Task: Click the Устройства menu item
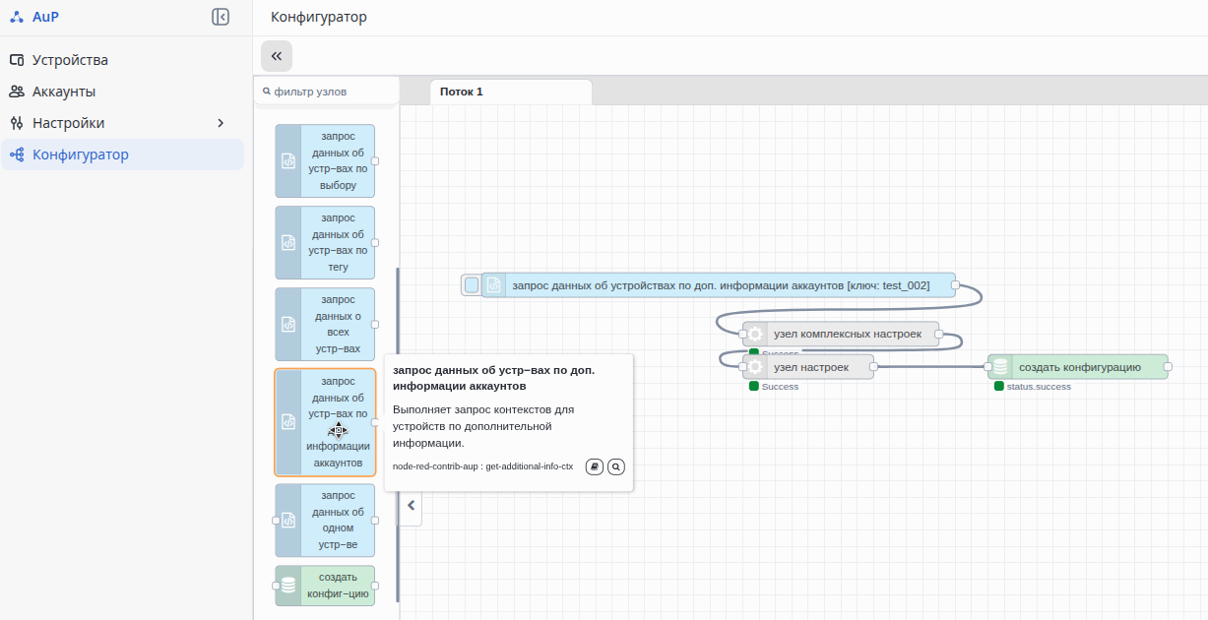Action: point(70,60)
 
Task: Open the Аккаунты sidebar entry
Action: point(64,92)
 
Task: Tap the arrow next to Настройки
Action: point(220,123)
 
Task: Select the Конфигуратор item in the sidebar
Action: point(80,155)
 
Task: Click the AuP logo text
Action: point(45,17)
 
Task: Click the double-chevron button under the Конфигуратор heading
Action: point(277,56)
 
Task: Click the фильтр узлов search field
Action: point(327,92)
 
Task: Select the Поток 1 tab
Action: point(461,92)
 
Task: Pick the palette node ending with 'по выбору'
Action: point(325,160)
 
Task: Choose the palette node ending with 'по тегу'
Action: point(325,243)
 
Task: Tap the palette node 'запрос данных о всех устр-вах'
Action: point(325,324)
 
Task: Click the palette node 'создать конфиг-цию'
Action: point(325,586)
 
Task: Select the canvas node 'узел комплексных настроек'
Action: point(841,335)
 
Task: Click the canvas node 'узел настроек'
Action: point(808,367)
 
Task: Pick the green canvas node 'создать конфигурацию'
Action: point(1077,367)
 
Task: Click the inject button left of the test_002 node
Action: point(472,285)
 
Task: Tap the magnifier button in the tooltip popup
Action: point(616,466)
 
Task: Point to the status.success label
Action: point(1039,387)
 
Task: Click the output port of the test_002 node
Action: point(955,284)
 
